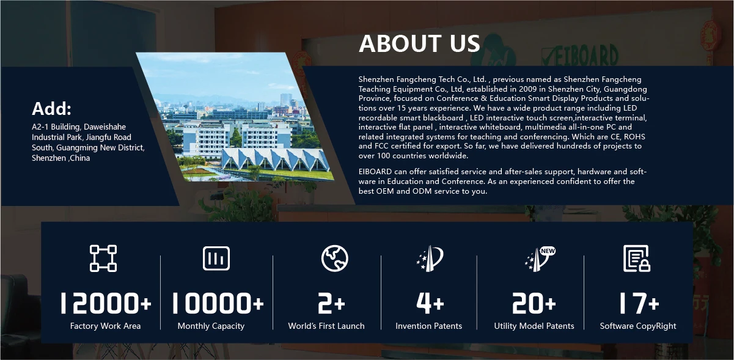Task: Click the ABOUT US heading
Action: coord(419,43)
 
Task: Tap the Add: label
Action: coord(51,108)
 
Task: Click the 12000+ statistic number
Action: coord(106,303)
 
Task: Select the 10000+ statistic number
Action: coord(218,303)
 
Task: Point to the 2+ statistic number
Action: coord(331,303)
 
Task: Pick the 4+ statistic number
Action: coord(430,303)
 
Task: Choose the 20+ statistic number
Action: coord(534,303)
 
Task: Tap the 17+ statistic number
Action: coord(639,303)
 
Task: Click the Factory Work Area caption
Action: coord(105,326)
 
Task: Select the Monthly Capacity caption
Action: coord(211,326)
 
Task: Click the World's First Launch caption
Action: coord(326,326)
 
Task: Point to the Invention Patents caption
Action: coord(428,326)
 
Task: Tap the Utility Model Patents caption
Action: coord(534,326)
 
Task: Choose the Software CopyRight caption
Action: coord(638,326)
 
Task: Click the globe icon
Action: coord(334,258)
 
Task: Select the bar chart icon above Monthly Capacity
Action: coord(216,259)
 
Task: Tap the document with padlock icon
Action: coord(637,259)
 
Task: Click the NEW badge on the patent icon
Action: coord(548,251)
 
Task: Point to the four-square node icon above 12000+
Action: coord(103,258)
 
